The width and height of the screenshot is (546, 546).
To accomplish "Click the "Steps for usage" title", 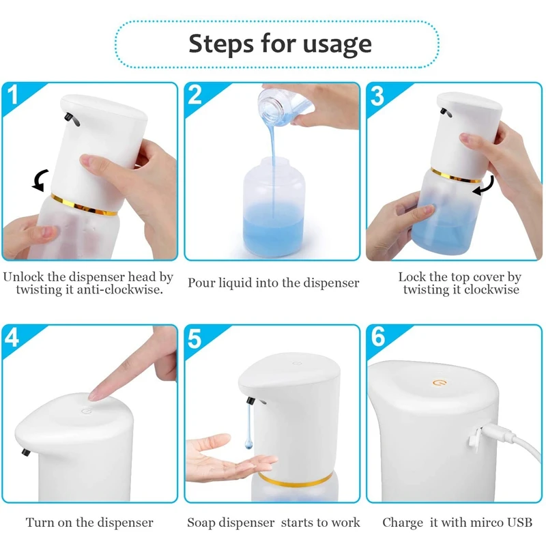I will [x=280, y=43].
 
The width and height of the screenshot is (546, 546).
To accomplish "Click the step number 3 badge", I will [x=377, y=96].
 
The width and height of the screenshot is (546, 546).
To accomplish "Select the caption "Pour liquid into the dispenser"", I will [x=273, y=283].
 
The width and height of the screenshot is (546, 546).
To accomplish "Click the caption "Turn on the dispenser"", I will [x=89, y=523].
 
